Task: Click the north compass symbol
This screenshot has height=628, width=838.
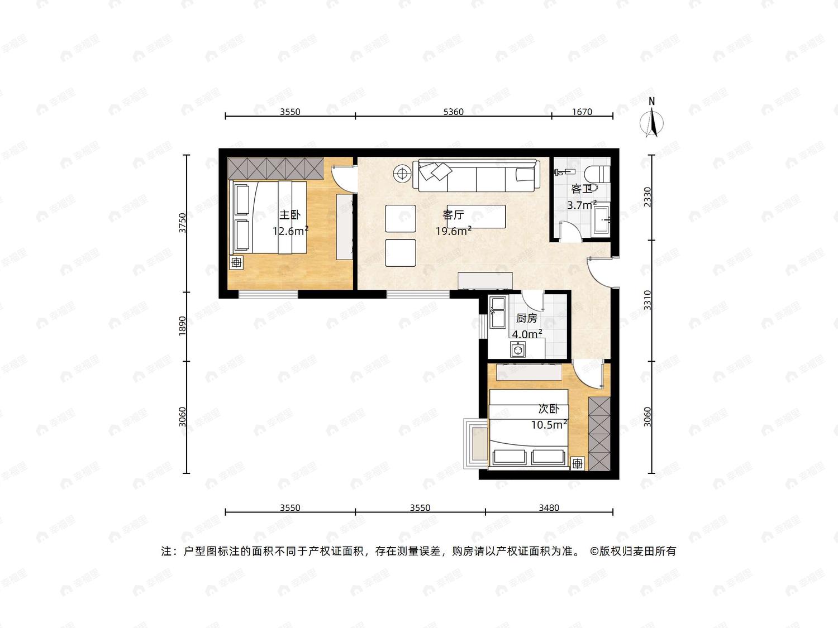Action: tap(652, 118)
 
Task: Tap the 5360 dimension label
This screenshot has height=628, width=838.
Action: tap(453, 112)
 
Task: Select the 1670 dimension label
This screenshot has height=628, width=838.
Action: tap(582, 112)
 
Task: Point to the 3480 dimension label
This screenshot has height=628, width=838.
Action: tap(549, 507)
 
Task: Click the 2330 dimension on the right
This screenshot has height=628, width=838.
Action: tap(647, 196)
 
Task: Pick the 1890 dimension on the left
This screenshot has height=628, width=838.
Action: tap(183, 326)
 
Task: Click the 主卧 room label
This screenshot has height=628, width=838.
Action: tap(290, 215)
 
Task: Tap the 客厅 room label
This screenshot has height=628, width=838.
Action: tap(453, 215)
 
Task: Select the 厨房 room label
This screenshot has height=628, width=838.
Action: tap(526, 318)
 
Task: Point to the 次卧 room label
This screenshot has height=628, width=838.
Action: tap(549, 409)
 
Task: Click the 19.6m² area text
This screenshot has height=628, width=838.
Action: tap(453, 231)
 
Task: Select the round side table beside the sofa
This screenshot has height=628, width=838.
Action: tap(402, 174)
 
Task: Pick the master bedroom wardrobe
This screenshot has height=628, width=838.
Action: tap(275, 168)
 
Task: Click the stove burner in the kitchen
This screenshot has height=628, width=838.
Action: tap(518, 349)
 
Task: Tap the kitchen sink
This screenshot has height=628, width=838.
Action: tap(497, 312)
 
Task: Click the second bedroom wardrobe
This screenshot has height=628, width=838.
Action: tap(599, 434)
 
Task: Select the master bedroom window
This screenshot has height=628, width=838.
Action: tap(268, 294)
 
